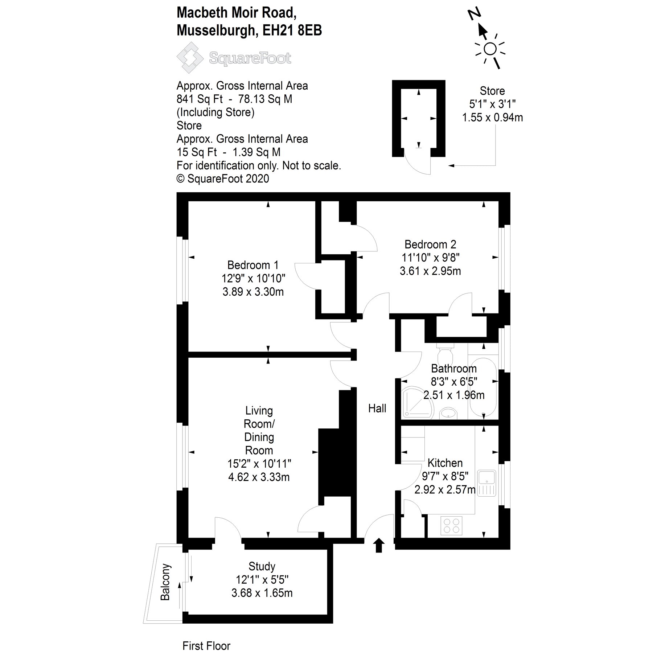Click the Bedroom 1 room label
click(253, 265)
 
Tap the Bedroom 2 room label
click(430, 245)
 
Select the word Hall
click(377, 408)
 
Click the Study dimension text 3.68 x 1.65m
click(262, 593)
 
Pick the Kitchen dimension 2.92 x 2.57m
click(445, 490)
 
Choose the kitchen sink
click(486, 483)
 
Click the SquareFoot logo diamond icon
click(190, 58)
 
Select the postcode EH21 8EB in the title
click(292, 31)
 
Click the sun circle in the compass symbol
click(490, 49)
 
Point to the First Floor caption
click(206, 646)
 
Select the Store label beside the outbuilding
click(492, 91)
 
